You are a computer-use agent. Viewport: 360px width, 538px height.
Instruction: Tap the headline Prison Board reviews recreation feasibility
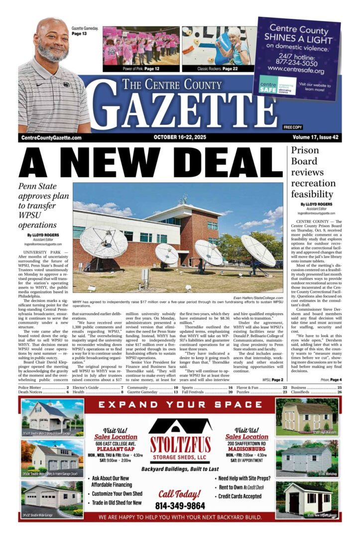312,172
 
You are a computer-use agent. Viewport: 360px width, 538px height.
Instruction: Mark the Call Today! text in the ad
180,494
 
